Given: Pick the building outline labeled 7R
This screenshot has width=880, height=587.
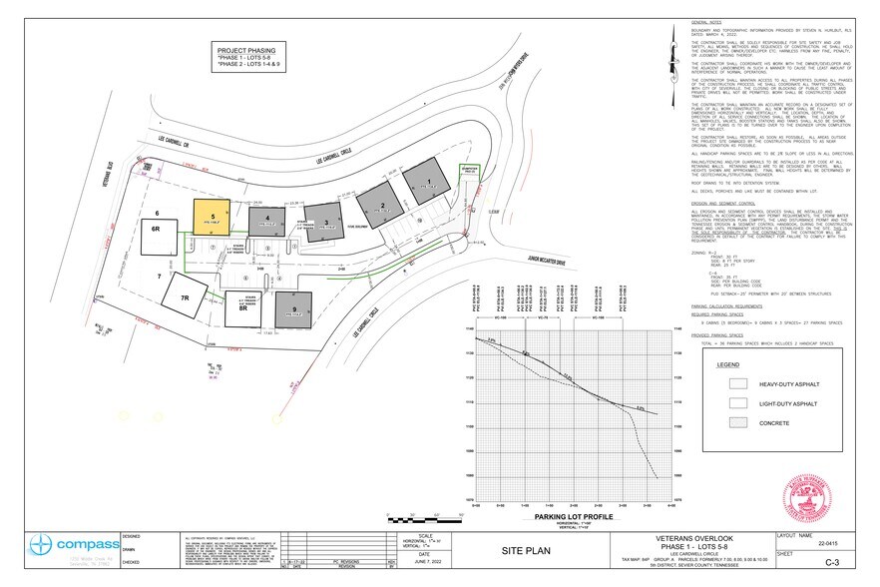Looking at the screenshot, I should coord(184,298).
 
